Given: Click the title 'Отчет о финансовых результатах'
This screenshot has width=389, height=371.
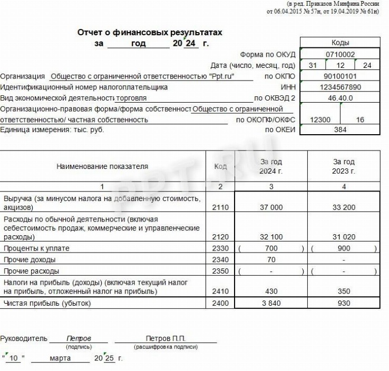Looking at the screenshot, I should click(x=150, y=33).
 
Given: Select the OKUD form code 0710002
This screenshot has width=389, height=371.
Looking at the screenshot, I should click(x=340, y=54).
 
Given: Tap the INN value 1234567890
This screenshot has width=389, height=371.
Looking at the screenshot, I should click(x=340, y=87).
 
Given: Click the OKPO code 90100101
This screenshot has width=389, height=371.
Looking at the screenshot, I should click(x=340, y=76).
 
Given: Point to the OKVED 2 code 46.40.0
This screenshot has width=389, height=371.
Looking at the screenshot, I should click(x=340, y=98).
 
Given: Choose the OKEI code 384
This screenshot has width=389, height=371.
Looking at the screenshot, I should click(x=340, y=130).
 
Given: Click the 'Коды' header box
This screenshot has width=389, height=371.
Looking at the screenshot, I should click(x=340, y=43).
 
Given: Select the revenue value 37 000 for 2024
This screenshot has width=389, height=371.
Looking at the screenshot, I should click(x=271, y=207).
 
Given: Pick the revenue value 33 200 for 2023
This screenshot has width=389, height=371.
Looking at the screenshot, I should click(x=344, y=207).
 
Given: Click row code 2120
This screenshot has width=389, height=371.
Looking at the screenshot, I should click(x=220, y=237).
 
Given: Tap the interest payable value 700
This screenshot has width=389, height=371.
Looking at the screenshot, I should click(x=271, y=248).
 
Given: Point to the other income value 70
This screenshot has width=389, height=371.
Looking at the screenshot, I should click(x=271, y=259).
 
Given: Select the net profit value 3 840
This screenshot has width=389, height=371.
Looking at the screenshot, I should click(x=271, y=303).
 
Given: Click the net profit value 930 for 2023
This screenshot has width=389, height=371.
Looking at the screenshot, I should click(x=344, y=303).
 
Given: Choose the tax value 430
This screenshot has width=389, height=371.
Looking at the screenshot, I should click(x=271, y=291).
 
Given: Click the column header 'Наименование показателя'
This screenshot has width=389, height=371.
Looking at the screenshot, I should click(x=102, y=166).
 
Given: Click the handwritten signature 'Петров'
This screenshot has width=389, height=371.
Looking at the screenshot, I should click(x=79, y=339).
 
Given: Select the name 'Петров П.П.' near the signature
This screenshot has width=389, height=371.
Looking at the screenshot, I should click(x=166, y=339).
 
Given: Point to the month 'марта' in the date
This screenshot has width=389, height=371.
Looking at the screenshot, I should click(x=61, y=358).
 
